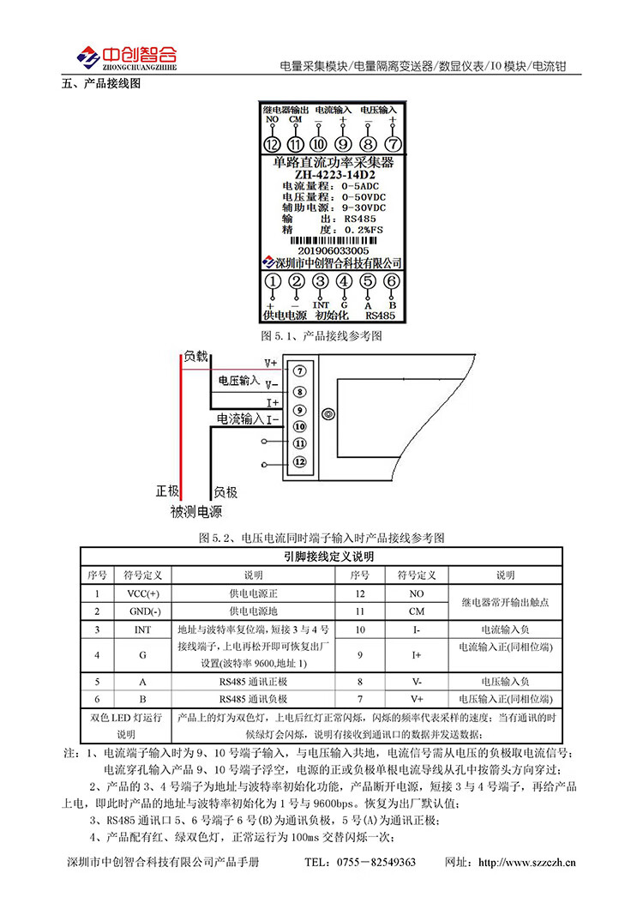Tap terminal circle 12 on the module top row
[x=273, y=144]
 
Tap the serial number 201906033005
[x=333, y=251]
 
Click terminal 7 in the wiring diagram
[x=299, y=371]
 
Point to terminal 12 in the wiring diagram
[x=299, y=462]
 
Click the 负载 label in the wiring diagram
[x=195, y=356]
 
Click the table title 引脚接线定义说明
[x=321, y=557]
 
